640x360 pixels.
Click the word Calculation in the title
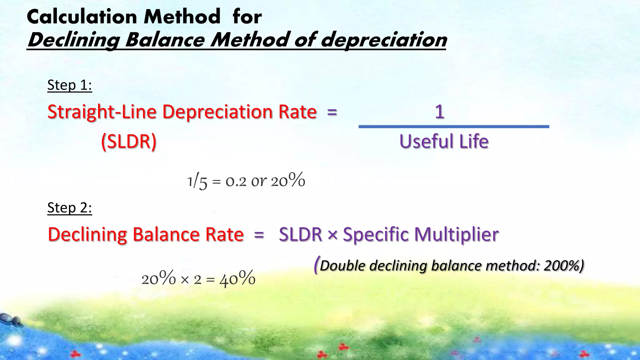82,17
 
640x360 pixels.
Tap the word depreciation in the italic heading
384,40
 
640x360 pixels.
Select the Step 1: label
69,85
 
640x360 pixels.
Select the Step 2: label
69,208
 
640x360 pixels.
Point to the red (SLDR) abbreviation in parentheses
129,142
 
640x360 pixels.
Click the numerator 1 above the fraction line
439,112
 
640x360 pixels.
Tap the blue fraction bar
453,127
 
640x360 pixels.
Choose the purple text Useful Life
444,142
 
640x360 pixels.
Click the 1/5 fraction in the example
197,182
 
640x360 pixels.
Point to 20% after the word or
288,181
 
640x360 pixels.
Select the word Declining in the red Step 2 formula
87,235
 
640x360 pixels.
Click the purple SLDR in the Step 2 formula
300,234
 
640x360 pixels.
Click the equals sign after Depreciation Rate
332,112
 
